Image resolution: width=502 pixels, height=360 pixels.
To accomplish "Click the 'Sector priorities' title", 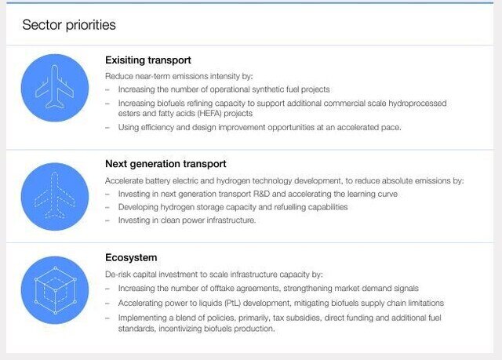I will [69, 25].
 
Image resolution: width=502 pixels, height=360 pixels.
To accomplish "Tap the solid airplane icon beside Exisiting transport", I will [55, 88].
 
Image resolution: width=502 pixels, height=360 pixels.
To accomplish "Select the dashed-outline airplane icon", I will [55, 196].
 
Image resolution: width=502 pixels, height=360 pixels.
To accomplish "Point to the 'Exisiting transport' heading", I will [148, 60].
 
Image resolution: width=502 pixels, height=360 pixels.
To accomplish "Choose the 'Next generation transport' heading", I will [166, 164].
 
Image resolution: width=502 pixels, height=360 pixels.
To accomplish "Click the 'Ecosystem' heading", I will [131, 257].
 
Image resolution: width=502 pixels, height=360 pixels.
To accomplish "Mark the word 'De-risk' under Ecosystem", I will [118, 275].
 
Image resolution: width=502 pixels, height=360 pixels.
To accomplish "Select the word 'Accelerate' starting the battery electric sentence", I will [125, 180].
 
